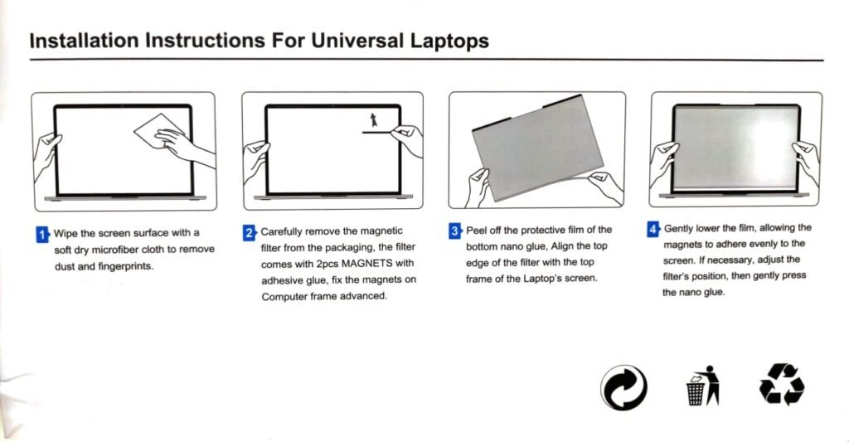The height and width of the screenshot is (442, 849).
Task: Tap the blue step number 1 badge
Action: pyautogui.click(x=42, y=235)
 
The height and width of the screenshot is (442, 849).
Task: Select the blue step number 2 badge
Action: pyautogui.click(x=249, y=233)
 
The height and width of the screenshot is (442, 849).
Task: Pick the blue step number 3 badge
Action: pyautogui.click(x=455, y=231)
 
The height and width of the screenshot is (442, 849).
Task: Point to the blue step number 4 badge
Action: pyautogui.click(x=653, y=229)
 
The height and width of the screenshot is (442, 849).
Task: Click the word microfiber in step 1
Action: pyautogui.click(x=114, y=250)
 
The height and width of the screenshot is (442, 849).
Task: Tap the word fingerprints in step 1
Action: pyautogui.click(x=125, y=266)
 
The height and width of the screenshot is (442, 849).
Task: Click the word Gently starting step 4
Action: pyautogui.click(x=678, y=229)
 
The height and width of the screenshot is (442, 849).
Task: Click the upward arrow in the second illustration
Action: pyautogui.click(x=373, y=119)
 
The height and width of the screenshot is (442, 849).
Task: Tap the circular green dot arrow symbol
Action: pyautogui.click(x=623, y=388)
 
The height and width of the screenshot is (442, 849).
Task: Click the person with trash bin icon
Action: pyautogui.click(x=703, y=385)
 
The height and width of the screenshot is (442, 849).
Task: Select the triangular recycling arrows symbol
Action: pyautogui.click(x=782, y=384)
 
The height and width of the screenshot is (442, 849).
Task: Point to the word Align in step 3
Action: pyautogui.click(x=563, y=246)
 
